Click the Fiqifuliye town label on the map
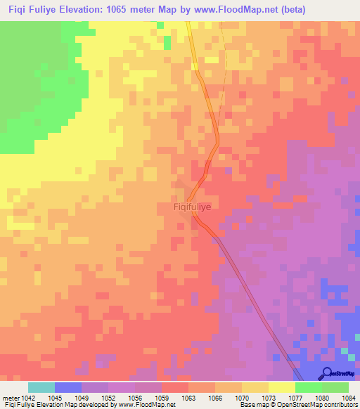coord(192,208)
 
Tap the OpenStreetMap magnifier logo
coord(326,374)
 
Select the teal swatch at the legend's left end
coord(41,387)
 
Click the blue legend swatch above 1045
coord(68,387)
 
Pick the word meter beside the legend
coord(10,397)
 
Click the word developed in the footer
coord(95,405)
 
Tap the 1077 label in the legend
coord(289,397)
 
